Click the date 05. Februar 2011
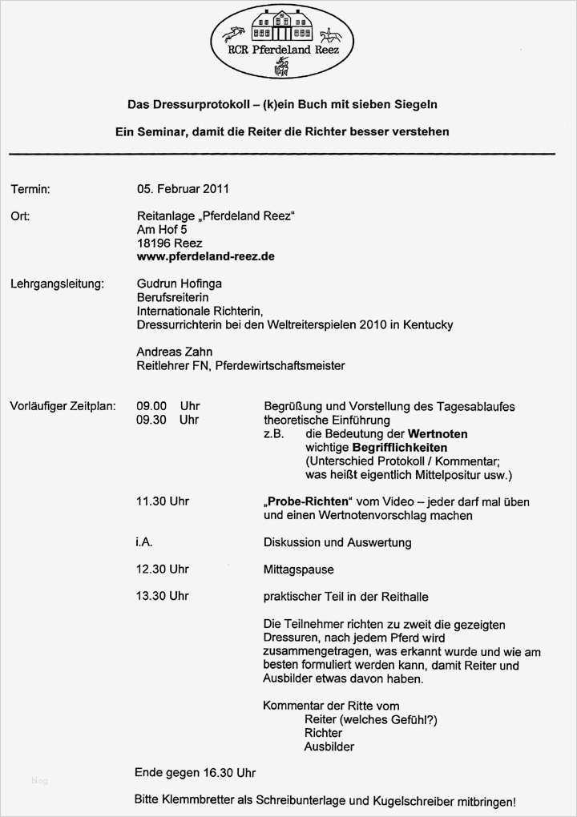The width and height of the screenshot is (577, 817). [x=183, y=189]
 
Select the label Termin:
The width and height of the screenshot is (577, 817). [x=30, y=189]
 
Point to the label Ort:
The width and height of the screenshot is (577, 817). [x=21, y=216]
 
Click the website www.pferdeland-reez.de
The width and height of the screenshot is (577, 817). [x=206, y=256]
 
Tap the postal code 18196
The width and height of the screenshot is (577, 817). [x=154, y=243]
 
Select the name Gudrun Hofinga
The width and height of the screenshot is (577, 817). [x=179, y=284]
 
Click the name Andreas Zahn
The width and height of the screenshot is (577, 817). [x=174, y=352]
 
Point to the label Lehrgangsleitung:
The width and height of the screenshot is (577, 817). [x=57, y=284]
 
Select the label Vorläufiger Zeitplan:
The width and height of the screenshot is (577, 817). [x=63, y=406]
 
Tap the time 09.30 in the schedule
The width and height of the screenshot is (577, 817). [x=151, y=420]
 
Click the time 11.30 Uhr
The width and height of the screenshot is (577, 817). [x=163, y=501]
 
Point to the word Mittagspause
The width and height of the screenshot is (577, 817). [x=298, y=569]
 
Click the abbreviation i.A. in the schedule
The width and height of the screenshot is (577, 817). [x=144, y=542]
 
